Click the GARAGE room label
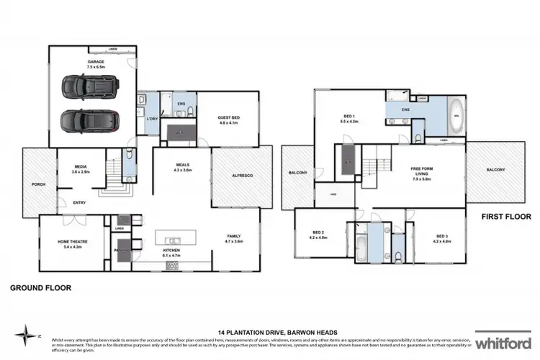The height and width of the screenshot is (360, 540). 96,62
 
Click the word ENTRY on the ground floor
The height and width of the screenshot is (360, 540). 79,202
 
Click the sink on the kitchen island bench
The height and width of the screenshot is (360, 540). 174,239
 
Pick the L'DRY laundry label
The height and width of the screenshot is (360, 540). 152,117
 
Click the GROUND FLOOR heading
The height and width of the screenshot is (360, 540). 40,288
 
